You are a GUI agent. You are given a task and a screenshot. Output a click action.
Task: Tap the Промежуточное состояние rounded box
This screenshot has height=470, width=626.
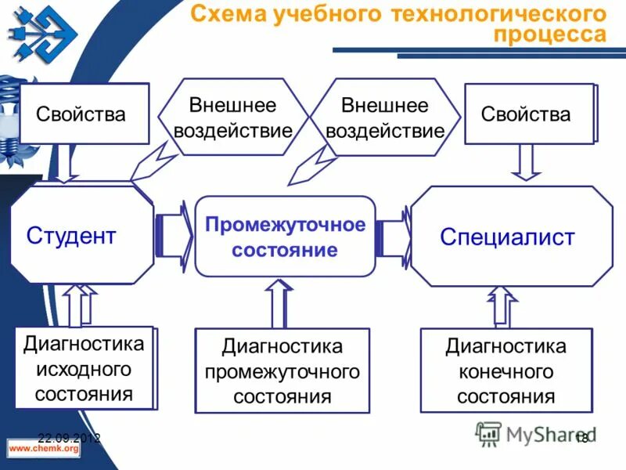click(x=285, y=237)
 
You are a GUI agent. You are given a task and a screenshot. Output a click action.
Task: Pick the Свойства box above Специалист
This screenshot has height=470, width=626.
click(x=529, y=114)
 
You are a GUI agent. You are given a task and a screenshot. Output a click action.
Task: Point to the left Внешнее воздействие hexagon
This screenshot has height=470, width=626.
click(x=232, y=117)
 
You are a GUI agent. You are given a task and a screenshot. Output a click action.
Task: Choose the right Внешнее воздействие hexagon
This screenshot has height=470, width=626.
click(x=384, y=117)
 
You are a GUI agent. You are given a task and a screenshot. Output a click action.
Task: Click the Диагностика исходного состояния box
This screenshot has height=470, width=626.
click(x=84, y=367)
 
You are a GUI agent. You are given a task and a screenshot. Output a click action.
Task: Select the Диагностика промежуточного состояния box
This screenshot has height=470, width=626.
click(x=282, y=371)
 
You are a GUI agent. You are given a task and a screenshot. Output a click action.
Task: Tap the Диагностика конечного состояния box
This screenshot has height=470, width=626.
click(x=505, y=371)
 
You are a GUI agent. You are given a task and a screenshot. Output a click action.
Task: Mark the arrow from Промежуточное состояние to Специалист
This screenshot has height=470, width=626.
click(x=394, y=233)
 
